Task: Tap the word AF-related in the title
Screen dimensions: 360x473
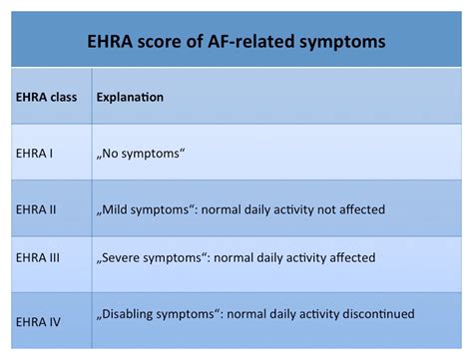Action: click(x=253, y=41)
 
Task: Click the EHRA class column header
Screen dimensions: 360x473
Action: click(x=47, y=98)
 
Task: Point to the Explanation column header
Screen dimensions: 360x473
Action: click(x=130, y=98)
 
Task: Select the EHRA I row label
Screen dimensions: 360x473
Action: click(x=35, y=155)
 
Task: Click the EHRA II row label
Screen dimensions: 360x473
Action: click(x=37, y=209)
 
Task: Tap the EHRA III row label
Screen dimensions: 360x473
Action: click(x=39, y=257)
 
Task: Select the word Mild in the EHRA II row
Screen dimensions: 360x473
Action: click(x=116, y=209)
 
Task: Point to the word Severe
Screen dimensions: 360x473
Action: click(x=124, y=257)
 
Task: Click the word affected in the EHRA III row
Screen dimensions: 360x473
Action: click(x=348, y=257)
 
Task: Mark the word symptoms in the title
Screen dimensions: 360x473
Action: click(x=337, y=41)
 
